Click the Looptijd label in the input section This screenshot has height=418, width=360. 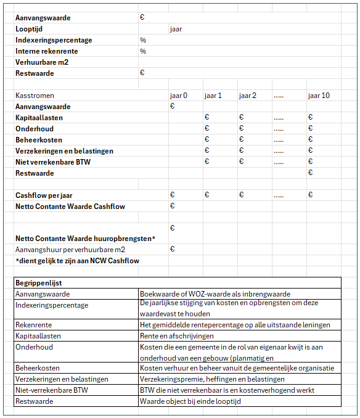coord(29,29)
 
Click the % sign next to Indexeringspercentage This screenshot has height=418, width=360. coord(142,40)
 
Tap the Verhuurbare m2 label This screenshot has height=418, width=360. coord(43,62)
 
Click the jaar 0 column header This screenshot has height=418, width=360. coord(178,96)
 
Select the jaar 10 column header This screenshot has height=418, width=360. coord(318,96)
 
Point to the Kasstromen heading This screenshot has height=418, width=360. coord(35,96)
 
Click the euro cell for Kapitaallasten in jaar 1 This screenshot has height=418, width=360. coord(207,118)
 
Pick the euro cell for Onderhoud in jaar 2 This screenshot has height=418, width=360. coord(242,129)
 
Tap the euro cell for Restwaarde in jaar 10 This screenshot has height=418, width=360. coord(311,173)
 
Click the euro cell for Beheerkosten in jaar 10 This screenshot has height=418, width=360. coord(311,140)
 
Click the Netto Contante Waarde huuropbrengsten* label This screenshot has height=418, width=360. coord(85,239)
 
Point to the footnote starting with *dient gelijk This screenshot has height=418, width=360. coord(77,261)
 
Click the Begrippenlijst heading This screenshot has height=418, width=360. coord(38,284)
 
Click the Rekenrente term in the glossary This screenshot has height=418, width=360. coord(33,325)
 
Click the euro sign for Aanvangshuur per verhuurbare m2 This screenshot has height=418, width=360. coord(173,250)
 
